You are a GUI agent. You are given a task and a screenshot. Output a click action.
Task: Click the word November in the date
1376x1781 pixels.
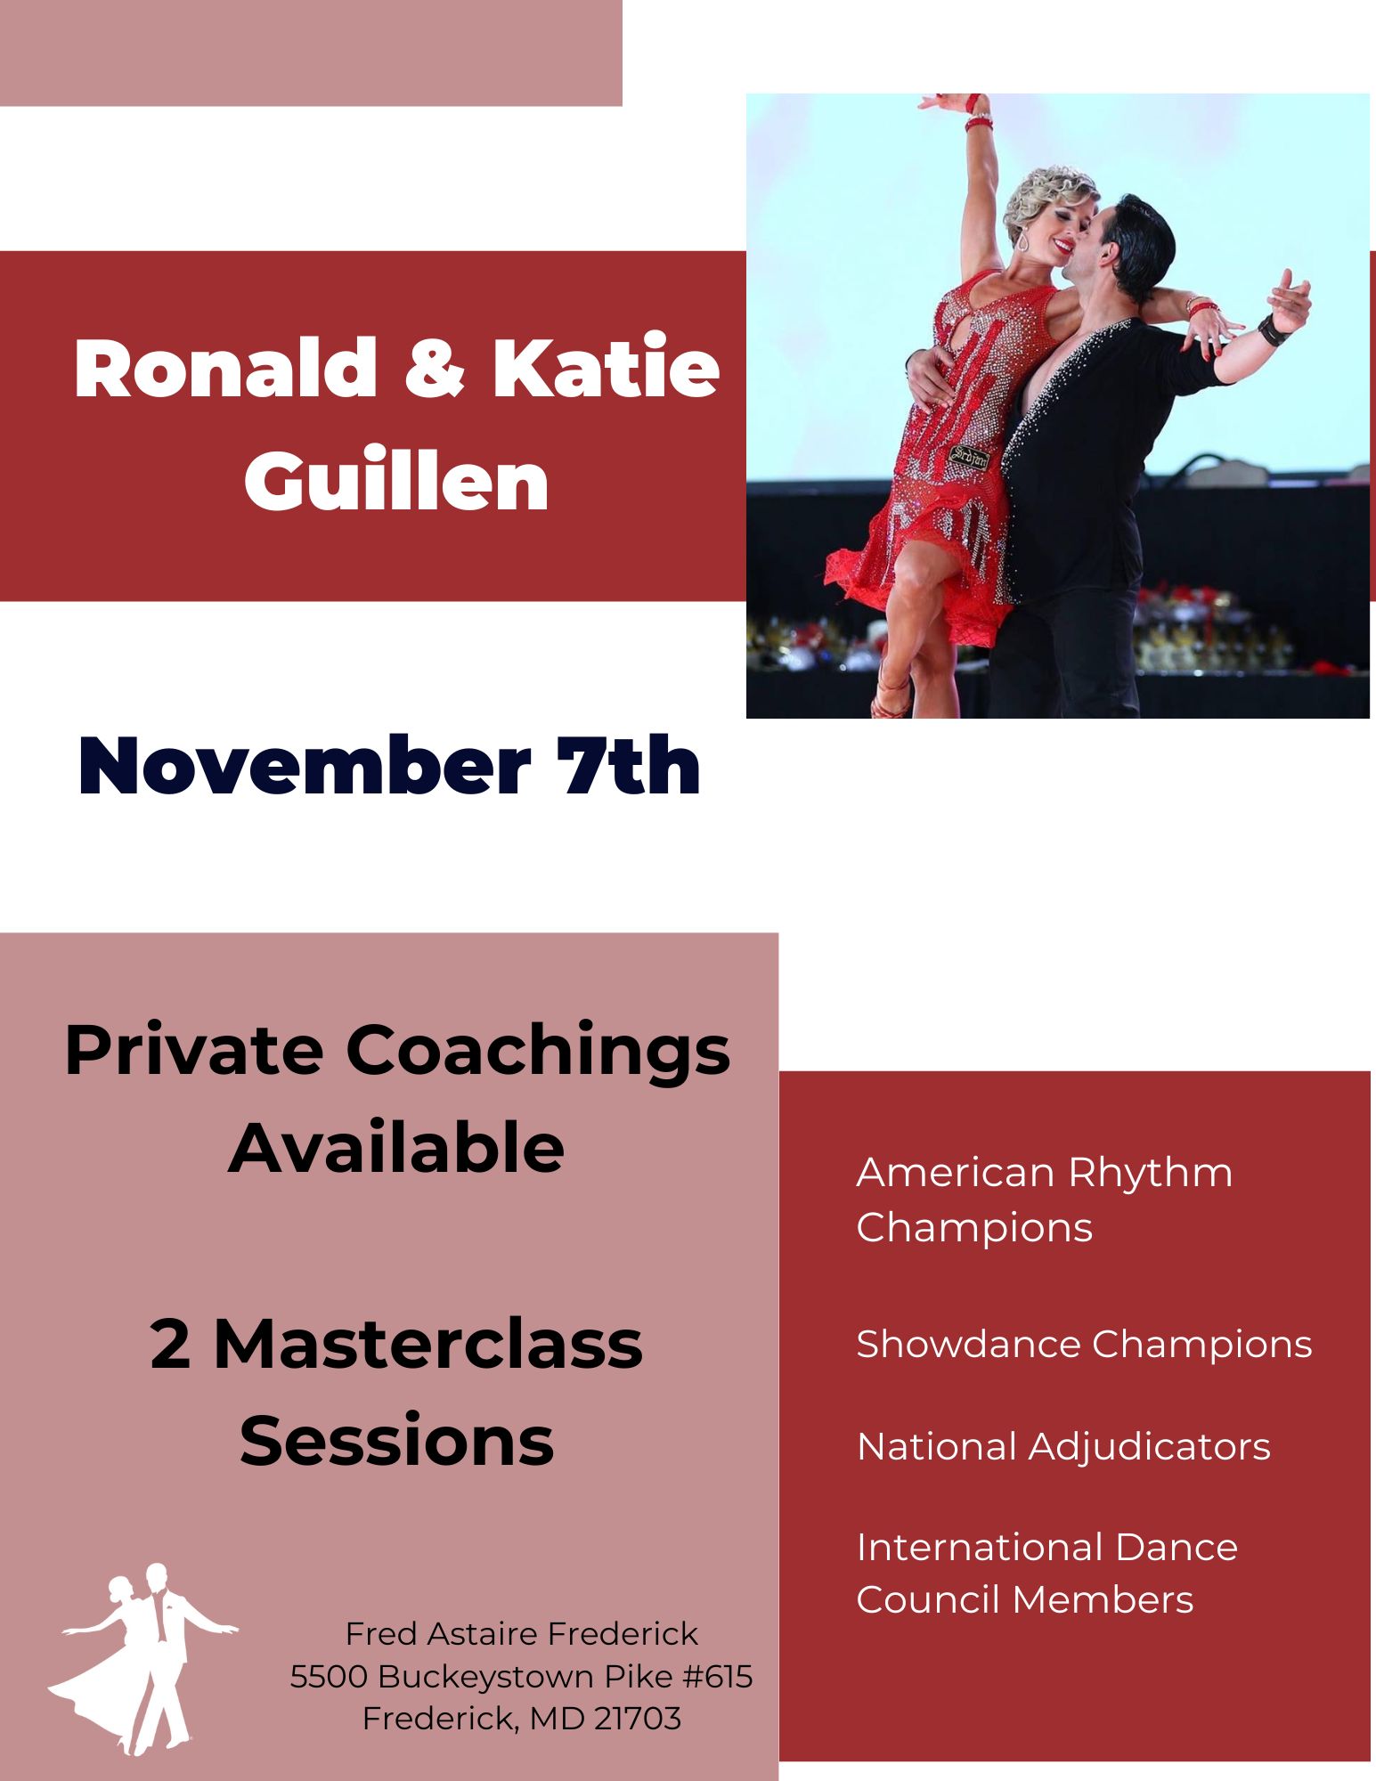click(304, 767)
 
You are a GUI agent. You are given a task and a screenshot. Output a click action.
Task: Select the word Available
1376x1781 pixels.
click(396, 1148)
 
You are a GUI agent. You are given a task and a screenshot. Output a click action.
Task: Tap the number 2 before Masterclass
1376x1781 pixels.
click(170, 1344)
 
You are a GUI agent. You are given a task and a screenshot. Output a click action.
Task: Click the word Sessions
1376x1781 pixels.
click(396, 1441)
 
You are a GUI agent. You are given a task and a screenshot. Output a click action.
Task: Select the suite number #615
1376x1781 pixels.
click(718, 1676)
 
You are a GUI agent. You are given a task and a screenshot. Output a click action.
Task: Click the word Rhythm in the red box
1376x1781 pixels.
click(1151, 1174)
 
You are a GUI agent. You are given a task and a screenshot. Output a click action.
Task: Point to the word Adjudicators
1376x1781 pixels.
click(1150, 1447)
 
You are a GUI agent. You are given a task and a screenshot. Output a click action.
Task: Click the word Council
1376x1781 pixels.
click(927, 1599)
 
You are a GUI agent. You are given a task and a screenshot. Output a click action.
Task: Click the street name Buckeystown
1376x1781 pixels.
click(487, 1676)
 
